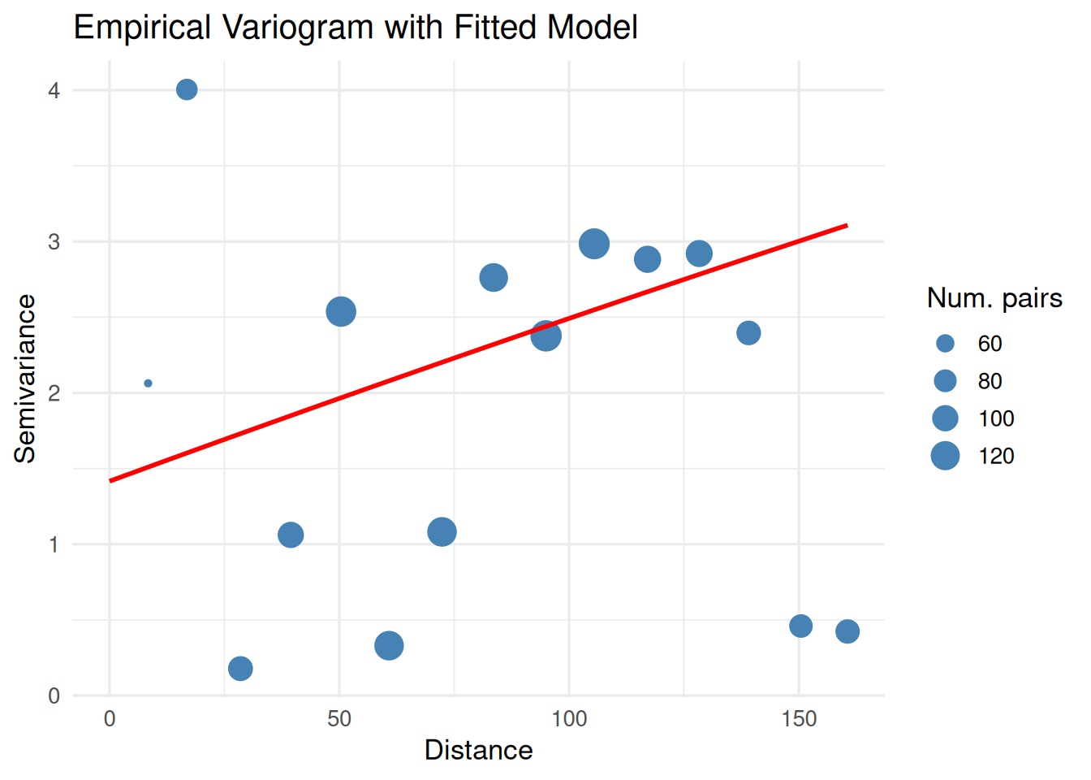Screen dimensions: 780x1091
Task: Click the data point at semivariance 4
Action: coord(187,89)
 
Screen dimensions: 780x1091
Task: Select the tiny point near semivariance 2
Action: coord(148,383)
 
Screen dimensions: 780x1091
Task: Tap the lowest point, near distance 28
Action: coord(240,669)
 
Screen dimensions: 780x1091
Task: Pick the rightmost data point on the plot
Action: coord(847,631)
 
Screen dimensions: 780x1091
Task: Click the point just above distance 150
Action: coord(801,626)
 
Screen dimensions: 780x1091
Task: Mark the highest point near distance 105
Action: coord(594,244)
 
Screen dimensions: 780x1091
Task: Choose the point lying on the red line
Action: coord(546,336)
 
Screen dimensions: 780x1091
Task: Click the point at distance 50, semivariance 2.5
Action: coord(341,311)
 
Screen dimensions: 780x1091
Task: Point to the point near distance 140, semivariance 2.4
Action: coord(748,333)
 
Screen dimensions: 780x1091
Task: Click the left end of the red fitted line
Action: coord(110,481)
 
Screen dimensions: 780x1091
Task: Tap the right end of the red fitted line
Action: coord(847,225)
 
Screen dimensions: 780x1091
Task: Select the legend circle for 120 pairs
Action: coord(945,456)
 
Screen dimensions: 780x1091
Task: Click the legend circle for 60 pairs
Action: coord(945,344)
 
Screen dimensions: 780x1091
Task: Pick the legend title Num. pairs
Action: coord(994,298)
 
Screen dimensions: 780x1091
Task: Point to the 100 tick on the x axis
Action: coord(569,719)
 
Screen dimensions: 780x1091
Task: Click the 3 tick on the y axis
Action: coord(54,242)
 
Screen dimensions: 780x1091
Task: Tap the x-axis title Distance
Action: coord(478,750)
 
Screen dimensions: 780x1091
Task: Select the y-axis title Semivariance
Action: coord(25,379)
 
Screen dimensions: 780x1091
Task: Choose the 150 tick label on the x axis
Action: coord(799,719)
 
